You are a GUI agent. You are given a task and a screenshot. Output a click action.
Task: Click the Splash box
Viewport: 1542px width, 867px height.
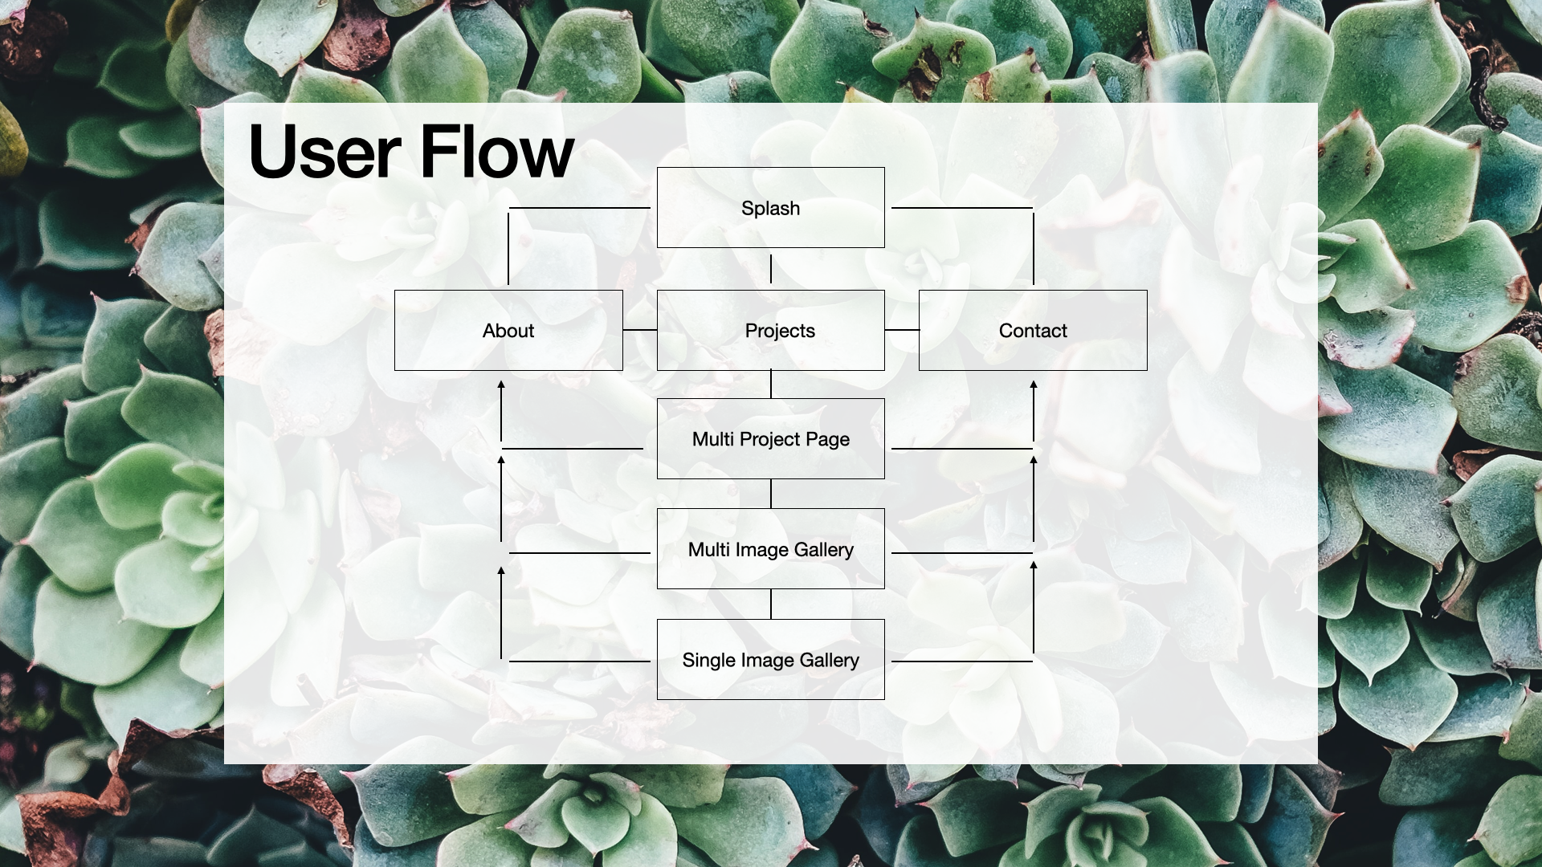click(x=770, y=208)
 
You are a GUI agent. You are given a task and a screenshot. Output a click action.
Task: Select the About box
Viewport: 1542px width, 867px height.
click(x=508, y=331)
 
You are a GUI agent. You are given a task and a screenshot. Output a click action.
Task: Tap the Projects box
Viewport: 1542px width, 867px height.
click(x=770, y=331)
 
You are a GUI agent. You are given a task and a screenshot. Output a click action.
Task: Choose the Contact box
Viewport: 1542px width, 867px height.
click(x=1033, y=331)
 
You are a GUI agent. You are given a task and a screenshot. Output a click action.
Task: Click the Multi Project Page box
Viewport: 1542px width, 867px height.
click(x=770, y=439)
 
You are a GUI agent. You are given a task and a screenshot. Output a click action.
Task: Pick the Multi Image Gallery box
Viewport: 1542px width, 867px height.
click(x=770, y=549)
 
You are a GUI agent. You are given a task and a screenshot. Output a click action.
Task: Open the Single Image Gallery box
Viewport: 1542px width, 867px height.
click(x=770, y=660)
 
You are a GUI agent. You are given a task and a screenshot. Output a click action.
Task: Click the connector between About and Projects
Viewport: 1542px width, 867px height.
click(x=640, y=330)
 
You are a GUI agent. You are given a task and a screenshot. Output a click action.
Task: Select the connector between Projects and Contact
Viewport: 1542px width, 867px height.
click(x=902, y=330)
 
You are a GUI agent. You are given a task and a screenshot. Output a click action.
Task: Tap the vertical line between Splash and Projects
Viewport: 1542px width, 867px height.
click(x=771, y=269)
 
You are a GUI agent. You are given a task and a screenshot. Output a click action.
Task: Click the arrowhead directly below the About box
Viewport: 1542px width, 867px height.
click(x=501, y=386)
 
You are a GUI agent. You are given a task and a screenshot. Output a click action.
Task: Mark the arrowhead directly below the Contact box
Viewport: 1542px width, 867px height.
click(x=1034, y=386)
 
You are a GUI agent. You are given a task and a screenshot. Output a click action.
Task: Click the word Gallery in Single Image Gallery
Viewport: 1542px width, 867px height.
click(x=829, y=660)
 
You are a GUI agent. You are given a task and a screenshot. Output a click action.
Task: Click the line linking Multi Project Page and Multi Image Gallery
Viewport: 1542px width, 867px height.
click(x=771, y=494)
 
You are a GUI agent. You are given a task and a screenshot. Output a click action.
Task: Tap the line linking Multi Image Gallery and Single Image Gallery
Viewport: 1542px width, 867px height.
click(x=771, y=604)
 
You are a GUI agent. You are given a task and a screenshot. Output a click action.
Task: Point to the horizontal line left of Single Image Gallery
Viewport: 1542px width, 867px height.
click(x=579, y=661)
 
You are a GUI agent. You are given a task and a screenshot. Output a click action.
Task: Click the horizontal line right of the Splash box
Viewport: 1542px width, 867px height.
click(x=961, y=208)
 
